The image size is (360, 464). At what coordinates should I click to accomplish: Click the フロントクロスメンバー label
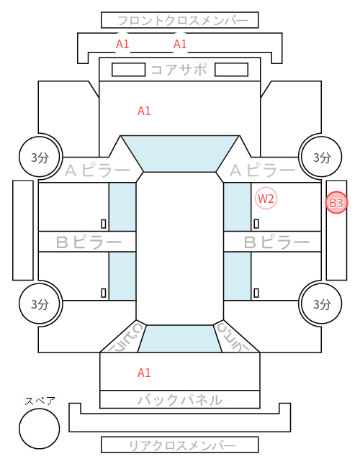[182, 21]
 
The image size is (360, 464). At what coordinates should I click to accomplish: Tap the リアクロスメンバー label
[182, 445]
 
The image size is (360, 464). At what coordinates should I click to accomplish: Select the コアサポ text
[179, 70]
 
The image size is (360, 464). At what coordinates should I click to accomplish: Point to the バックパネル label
[180, 400]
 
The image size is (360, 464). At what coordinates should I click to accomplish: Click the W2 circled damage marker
[266, 199]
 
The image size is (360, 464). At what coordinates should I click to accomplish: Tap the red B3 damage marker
[336, 203]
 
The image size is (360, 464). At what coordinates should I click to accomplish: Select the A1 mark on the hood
[144, 111]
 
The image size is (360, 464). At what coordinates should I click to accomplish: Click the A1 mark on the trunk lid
[144, 373]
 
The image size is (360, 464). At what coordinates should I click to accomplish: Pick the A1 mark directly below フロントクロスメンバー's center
[180, 44]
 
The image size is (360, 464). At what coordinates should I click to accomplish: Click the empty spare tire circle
[40, 428]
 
